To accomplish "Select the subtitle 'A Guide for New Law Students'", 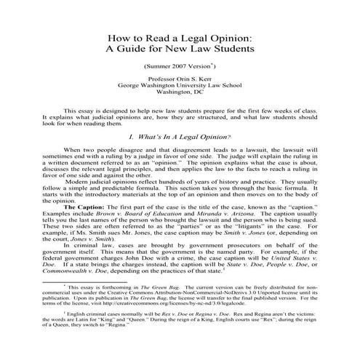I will (180, 50).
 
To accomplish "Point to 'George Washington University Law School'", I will (180, 95).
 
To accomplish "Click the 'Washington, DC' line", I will (180, 103).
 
